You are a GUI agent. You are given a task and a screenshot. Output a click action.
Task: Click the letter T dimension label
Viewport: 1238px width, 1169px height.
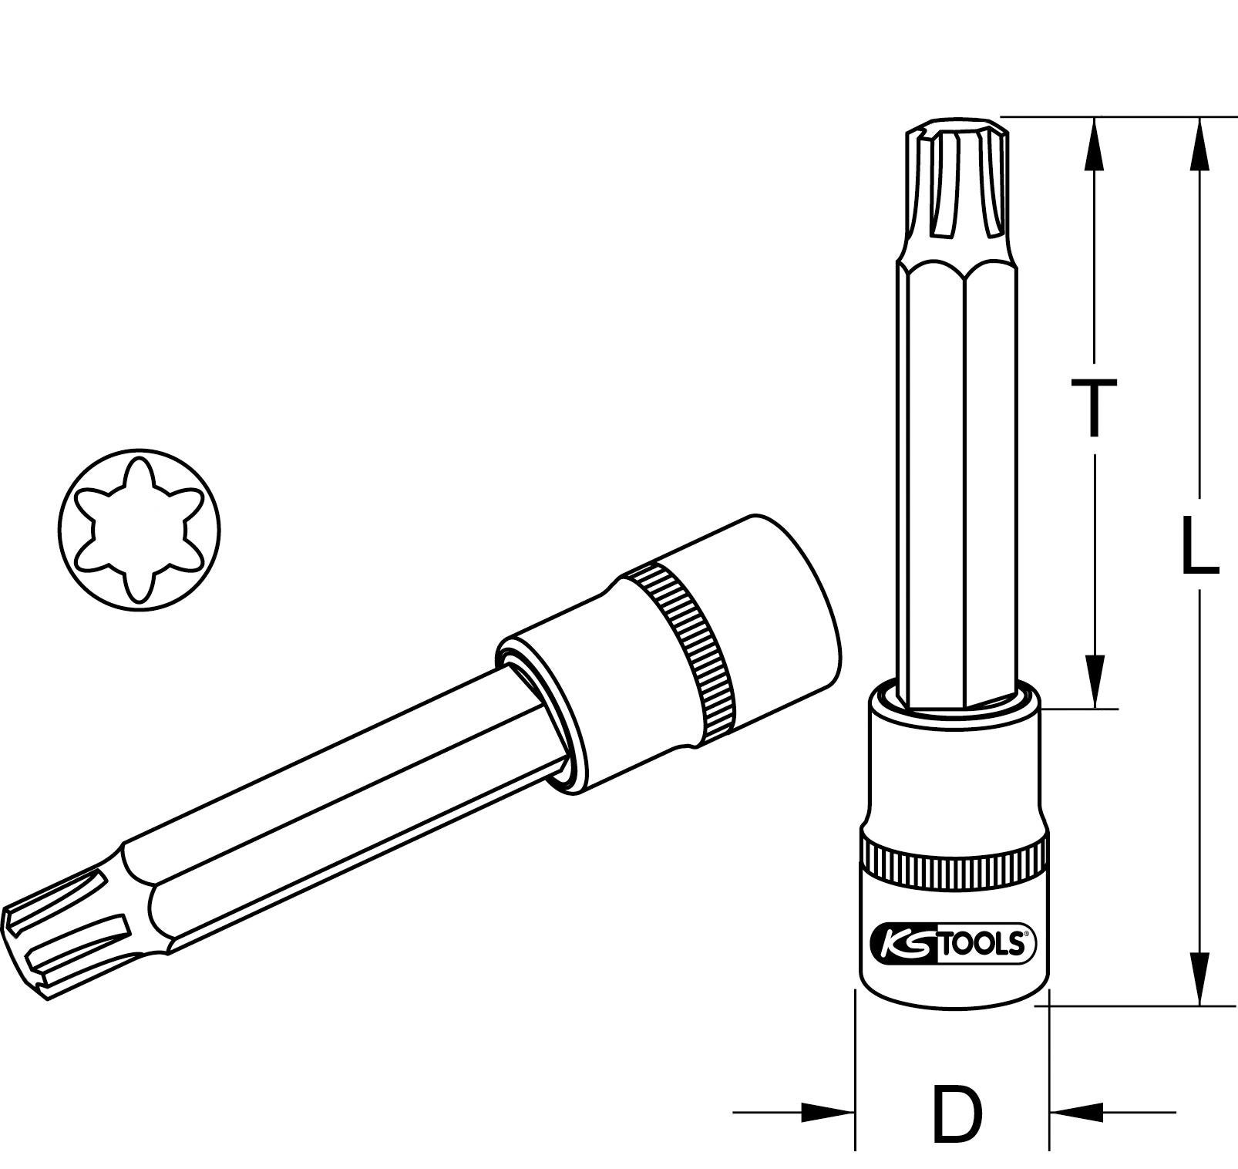click(1092, 409)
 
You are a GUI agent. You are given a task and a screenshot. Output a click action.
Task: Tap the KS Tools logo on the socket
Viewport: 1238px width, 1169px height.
click(953, 943)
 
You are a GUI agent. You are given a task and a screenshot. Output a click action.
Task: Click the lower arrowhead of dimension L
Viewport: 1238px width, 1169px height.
click(1199, 978)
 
